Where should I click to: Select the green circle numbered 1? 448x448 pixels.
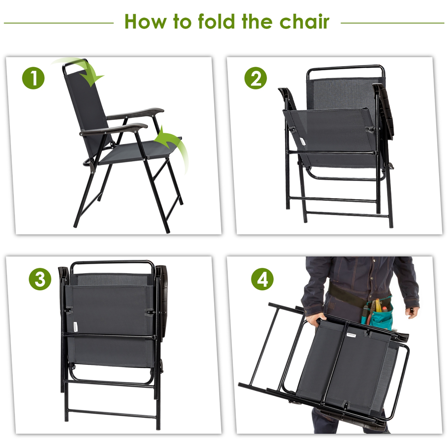33,78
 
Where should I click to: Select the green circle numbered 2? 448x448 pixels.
255,78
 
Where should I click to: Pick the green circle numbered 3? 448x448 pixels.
40,279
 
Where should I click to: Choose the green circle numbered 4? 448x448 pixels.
262,279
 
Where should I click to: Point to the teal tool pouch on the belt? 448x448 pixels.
379,314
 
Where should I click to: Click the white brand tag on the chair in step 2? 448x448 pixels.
302,141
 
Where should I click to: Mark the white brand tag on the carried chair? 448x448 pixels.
351,335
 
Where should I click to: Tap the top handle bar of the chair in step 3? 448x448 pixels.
112,263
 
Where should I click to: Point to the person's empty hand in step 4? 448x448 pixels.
414,312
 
